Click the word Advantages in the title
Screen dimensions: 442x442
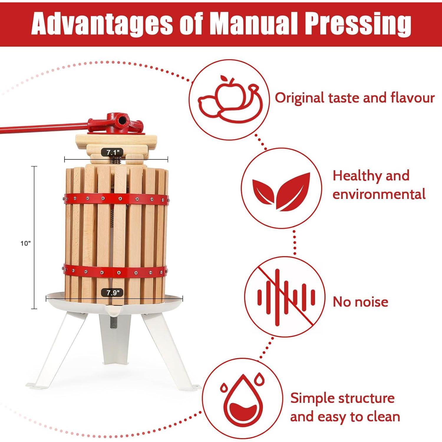click(x=102, y=24)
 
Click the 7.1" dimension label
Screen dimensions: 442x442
click(x=112, y=153)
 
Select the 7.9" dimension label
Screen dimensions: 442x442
click(x=112, y=293)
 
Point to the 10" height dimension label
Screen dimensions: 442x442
click(x=26, y=243)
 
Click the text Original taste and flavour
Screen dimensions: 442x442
click(x=354, y=98)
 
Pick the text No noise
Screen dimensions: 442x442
click(x=360, y=302)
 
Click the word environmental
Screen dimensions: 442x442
click(x=379, y=194)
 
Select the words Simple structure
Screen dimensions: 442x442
click(x=342, y=398)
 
